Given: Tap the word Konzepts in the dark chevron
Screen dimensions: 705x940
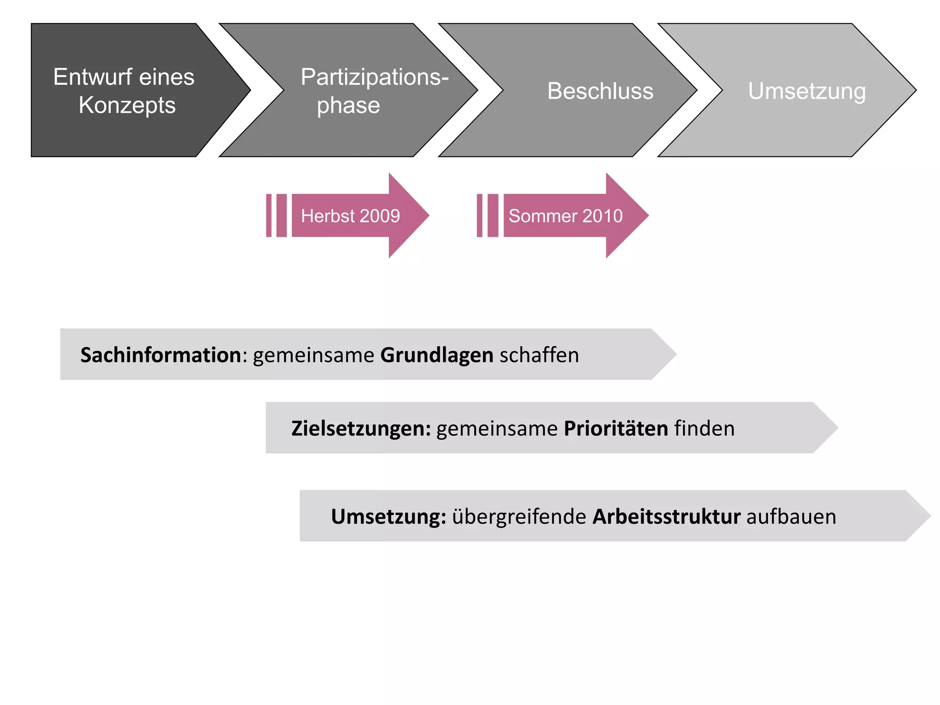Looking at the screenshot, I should pyautogui.click(x=127, y=106).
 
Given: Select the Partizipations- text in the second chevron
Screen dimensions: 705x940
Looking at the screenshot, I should pyautogui.click(x=375, y=77).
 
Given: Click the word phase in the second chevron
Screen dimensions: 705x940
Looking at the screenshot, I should pyautogui.click(x=348, y=106).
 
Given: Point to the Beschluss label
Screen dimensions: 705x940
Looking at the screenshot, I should pyautogui.click(x=600, y=91).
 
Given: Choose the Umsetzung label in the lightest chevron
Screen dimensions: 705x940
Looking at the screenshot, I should pyautogui.click(x=807, y=91).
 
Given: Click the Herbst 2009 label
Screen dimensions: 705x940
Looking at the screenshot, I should pyautogui.click(x=350, y=216).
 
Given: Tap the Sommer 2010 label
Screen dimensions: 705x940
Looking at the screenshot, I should pyautogui.click(x=565, y=216).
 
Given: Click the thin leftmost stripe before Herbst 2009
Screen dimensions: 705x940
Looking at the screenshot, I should pyautogui.click(x=269, y=215).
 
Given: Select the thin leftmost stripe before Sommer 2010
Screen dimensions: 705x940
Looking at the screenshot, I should pyautogui.click(x=480, y=215).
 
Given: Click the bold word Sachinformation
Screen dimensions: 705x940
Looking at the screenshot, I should pyautogui.click(x=161, y=355).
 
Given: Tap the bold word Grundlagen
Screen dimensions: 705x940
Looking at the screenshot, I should pyautogui.click(x=436, y=355).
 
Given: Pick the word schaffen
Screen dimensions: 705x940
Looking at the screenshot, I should pyautogui.click(x=539, y=355).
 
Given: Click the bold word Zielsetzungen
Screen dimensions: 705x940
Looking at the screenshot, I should pyautogui.click(x=361, y=429).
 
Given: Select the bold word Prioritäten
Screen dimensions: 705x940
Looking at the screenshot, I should pyautogui.click(x=616, y=429).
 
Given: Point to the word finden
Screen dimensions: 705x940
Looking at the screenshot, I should pyautogui.click(x=704, y=429).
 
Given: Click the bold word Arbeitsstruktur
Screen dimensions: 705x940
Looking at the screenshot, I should pyautogui.click(x=666, y=517).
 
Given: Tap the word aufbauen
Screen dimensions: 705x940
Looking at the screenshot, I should pyautogui.click(x=791, y=517).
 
